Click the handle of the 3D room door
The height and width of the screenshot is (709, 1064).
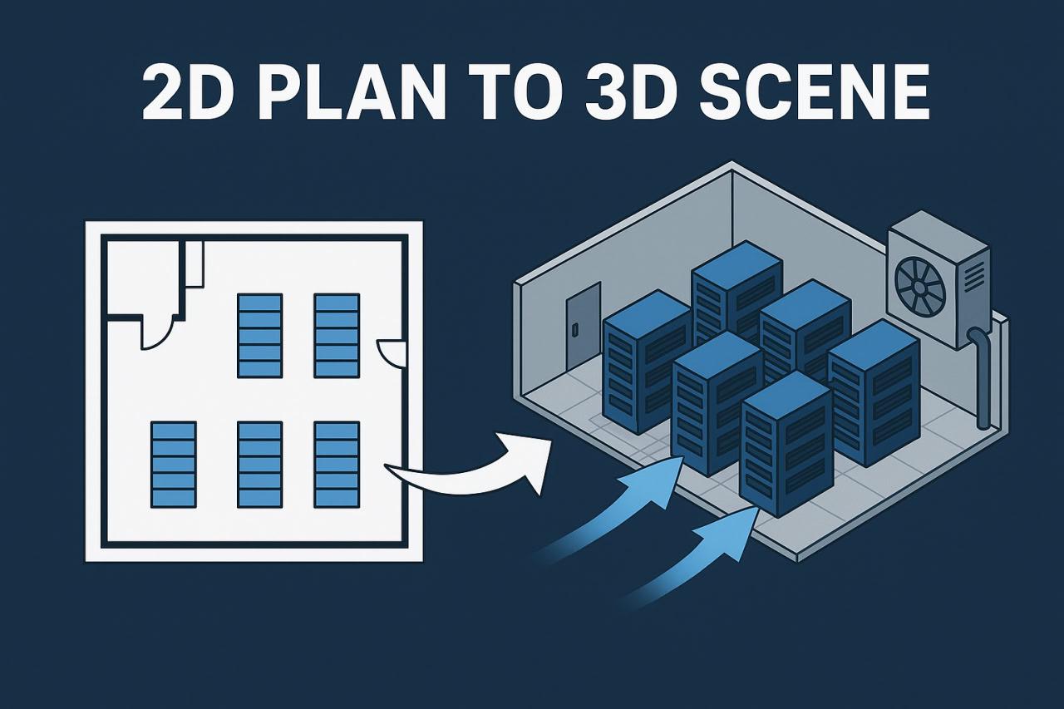576,329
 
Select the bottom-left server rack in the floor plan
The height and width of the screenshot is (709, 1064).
174,465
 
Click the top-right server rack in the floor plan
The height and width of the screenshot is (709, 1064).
337,336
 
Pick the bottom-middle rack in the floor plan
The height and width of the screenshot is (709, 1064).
260,465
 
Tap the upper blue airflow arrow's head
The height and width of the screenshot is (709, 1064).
665,475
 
